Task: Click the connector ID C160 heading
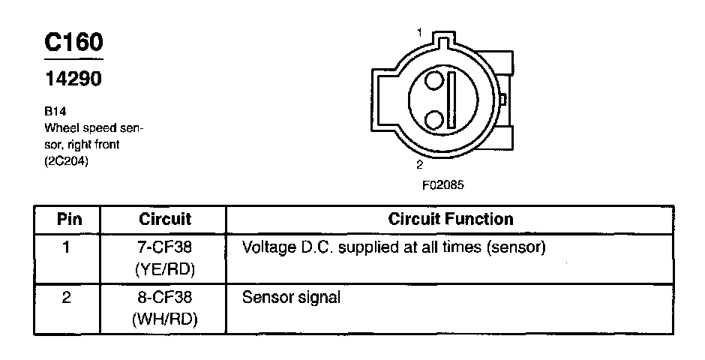pos(73,42)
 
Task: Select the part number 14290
pos(73,79)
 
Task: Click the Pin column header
pos(68,219)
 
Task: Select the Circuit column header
pos(165,219)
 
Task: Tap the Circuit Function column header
pos(451,219)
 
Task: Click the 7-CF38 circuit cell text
pos(165,247)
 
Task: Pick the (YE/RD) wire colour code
pos(165,268)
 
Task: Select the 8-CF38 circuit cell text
pos(165,298)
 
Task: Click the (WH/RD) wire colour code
pos(165,319)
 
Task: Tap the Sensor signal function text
pos(291,298)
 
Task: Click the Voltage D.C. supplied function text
pos(393,247)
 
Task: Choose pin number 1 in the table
pos(67,247)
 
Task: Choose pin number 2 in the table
pos(67,298)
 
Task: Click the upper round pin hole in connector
pos(433,83)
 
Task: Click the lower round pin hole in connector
pos(433,119)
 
